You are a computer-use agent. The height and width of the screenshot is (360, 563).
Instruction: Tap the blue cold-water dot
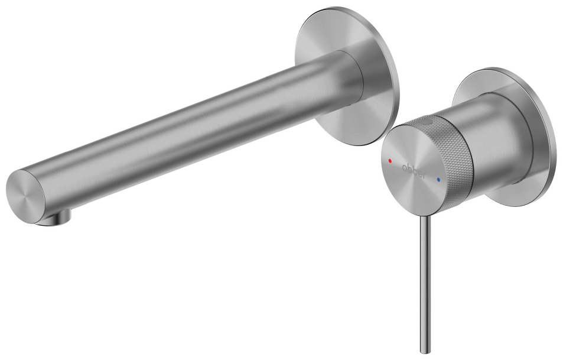pos(438,179)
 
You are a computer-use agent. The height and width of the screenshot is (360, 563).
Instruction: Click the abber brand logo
pos(414,170)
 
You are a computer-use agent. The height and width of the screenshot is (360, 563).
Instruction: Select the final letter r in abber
pos(425,176)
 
